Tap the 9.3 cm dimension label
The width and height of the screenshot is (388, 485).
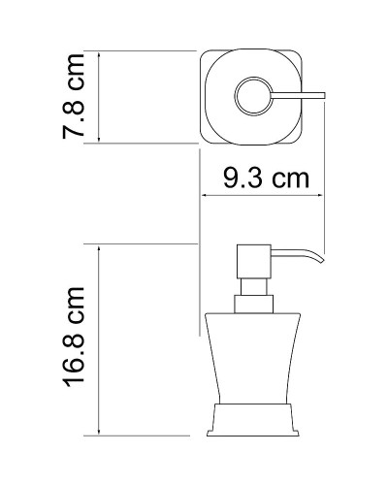click(x=261, y=178)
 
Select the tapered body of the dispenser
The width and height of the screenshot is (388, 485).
click(x=248, y=369)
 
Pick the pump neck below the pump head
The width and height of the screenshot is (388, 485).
click(x=248, y=291)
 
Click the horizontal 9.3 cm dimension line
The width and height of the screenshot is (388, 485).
click(x=261, y=195)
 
